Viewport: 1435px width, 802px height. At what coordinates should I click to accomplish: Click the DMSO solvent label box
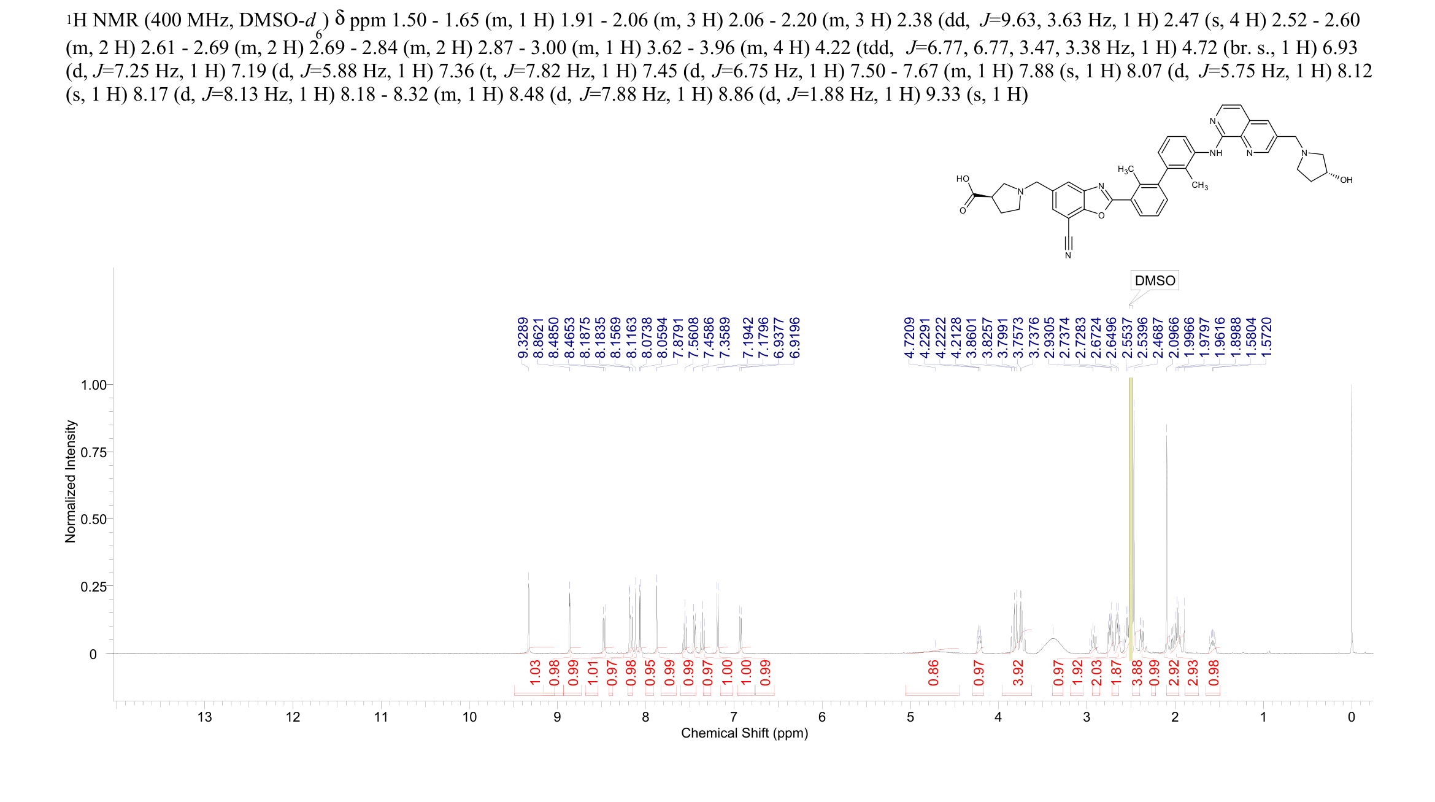click(1155, 280)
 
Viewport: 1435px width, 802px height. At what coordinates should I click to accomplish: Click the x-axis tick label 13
click(204, 717)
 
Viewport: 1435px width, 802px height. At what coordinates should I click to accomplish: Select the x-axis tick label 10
click(469, 717)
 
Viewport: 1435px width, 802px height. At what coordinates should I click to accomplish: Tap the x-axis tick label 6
click(822, 717)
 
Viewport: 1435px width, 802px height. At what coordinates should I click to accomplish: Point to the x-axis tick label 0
click(1351, 717)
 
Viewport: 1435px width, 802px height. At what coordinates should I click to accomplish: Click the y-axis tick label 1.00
click(93, 385)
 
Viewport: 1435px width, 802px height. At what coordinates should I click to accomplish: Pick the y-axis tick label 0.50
click(93, 519)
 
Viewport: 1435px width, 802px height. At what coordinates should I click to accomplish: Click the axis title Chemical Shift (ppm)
click(744, 733)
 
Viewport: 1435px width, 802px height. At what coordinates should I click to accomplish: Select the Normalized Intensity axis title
click(71, 481)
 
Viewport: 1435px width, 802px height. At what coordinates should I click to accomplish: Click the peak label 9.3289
click(523, 338)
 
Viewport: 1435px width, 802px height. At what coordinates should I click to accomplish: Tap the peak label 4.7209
click(910, 338)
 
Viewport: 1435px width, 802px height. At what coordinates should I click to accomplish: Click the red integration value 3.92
click(1018, 673)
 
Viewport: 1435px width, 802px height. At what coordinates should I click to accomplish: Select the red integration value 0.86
click(933, 673)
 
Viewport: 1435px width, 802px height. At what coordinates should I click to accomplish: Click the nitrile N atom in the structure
click(1068, 255)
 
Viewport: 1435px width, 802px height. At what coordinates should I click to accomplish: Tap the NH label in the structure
click(1215, 153)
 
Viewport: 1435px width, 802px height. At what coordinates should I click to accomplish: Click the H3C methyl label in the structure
click(1126, 169)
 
